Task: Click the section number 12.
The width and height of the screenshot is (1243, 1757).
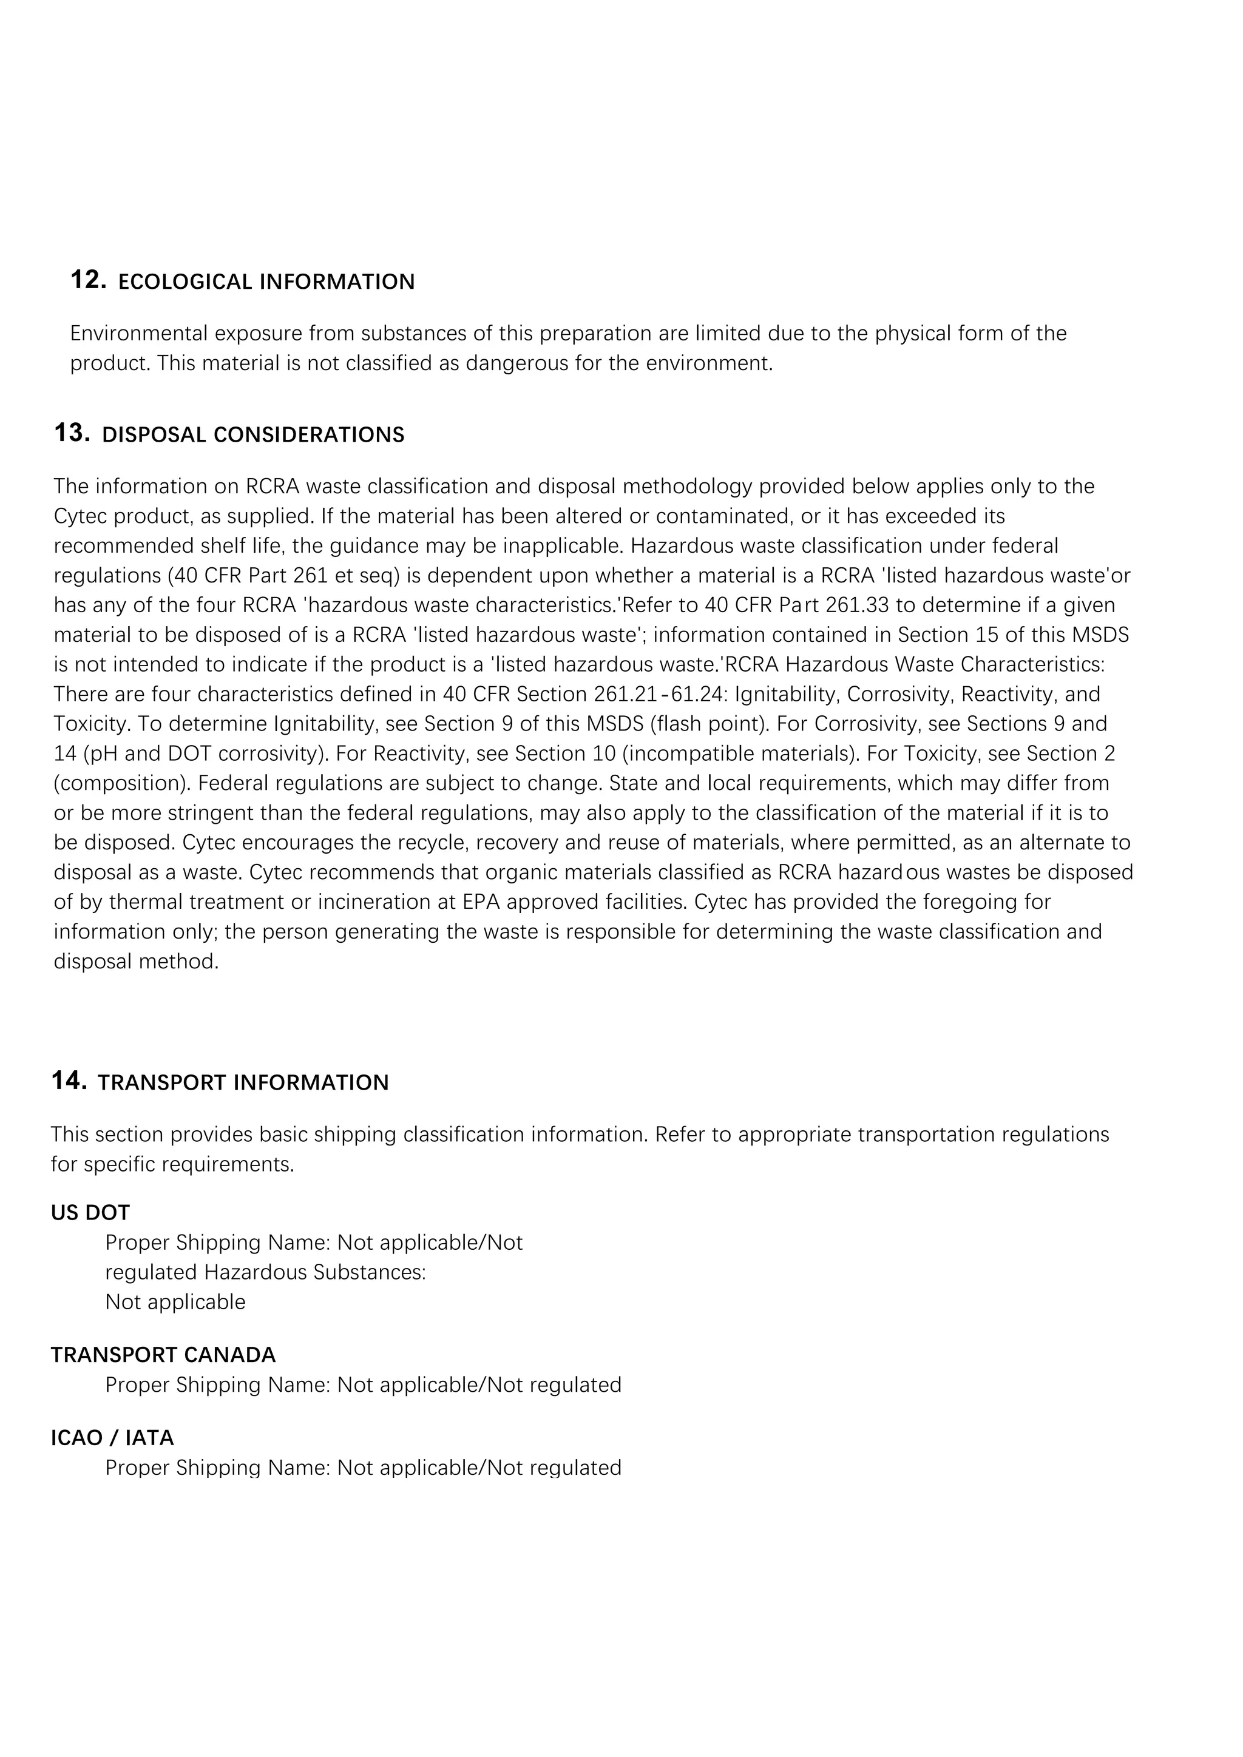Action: tap(88, 280)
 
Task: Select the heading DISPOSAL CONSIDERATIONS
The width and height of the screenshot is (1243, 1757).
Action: tap(252, 434)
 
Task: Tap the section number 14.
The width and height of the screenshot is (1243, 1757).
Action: tap(69, 1081)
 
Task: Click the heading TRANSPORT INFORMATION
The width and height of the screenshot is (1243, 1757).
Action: tap(243, 1082)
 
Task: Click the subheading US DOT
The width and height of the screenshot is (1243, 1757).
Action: tap(90, 1212)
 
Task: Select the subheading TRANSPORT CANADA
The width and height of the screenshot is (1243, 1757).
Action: tap(163, 1355)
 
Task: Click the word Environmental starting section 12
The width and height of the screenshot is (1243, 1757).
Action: tap(138, 334)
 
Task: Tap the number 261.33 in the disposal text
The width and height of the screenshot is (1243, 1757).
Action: tap(857, 605)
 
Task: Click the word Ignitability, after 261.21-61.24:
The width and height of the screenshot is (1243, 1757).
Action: tap(787, 694)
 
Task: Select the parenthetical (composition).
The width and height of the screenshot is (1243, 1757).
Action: tap(115, 784)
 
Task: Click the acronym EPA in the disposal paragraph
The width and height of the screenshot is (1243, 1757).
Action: tap(481, 902)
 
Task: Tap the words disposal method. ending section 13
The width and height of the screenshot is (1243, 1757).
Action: tap(136, 962)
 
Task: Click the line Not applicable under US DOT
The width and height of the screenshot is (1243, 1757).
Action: tap(175, 1302)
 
